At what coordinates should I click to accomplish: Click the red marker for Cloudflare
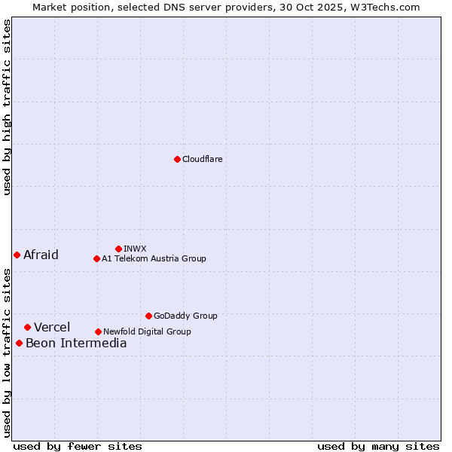click(177, 159)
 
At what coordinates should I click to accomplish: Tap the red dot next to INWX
click(118, 249)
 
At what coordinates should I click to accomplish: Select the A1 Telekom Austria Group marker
click(96, 258)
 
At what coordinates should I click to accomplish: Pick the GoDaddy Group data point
click(148, 316)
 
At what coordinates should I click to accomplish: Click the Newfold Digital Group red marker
click(98, 331)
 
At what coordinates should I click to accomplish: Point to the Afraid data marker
click(17, 255)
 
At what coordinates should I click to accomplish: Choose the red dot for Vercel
click(27, 327)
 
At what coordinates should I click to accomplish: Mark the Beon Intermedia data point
click(19, 343)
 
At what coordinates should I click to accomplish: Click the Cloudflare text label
click(202, 159)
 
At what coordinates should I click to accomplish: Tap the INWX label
click(135, 249)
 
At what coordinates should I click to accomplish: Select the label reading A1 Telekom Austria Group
click(154, 258)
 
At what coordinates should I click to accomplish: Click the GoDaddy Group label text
click(185, 316)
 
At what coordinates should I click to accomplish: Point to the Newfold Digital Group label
click(147, 331)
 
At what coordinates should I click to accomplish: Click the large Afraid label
click(41, 255)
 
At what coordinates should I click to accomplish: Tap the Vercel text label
click(52, 327)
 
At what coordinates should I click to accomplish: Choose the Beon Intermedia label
click(76, 344)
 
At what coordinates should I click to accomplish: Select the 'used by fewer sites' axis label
click(78, 446)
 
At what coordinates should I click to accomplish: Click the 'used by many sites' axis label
click(378, 446)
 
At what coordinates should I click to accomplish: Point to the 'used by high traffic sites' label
click(8, 107)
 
